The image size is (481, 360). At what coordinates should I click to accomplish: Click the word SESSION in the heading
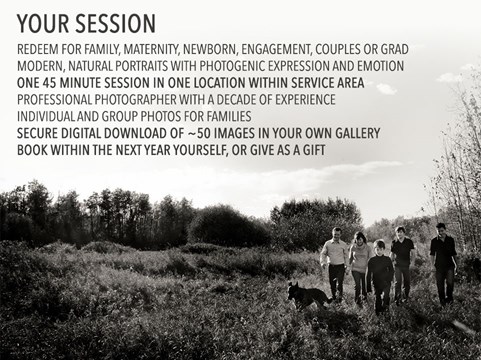coord(115,24)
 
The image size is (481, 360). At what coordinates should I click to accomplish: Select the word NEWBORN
coord(210,50)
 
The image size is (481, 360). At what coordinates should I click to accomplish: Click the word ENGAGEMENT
coord(276,50)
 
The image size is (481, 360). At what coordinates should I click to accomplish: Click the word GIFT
coord(314,150)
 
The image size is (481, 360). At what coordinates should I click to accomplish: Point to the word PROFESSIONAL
coord(54,100)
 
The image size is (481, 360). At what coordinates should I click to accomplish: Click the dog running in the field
coord(308,295)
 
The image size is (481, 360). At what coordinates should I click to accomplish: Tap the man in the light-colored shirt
coord(335,263)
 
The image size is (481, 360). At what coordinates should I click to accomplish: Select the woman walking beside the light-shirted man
coord(359,268)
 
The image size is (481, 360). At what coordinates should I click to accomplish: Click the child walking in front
coord(380,276)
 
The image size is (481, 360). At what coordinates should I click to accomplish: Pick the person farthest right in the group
coord(444,263)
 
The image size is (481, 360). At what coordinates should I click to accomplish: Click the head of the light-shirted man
coord(337,234)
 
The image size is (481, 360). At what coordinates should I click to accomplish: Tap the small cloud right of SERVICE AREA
coord(386,88)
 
